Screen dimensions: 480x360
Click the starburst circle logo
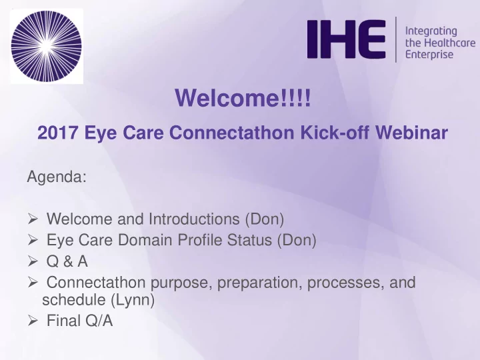pyautogui.click(x=47, y=46)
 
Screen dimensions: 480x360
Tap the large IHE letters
pyautogui.click(x=346, y=39)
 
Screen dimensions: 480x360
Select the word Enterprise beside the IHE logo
pyautogui.click(x=429, y=55)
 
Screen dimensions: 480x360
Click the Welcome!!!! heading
pyautogui.click(x=243, y=97)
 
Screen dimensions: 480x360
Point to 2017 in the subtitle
pyautogui.click(x=57, y=133)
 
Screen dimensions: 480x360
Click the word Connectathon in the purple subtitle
pyautogui.click(x=231, y=133)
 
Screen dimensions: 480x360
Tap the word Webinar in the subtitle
pyautogui.click(x=411, y=133)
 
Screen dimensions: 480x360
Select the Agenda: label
pyautogui.click(x=57, y=177)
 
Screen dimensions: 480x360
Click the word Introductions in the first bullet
pyautogui.click(x=194, y=219)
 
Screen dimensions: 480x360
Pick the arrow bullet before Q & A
pyautogui.click(x=33, y=261)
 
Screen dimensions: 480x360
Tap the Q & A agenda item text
pyautogui.click(x=67, y=261)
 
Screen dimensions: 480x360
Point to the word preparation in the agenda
pyautogui.click(x=257, y=283)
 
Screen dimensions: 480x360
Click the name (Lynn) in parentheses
pyautogui.click(x=132, y=300)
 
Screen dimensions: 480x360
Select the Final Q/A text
pyautogui.click(x=79, y=321)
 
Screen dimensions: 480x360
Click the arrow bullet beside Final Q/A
pyautogui.click(x=33, y=321)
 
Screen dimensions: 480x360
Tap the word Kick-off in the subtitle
pyautogui.click(x=335, y=133)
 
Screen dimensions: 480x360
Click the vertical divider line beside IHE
pyautogui.click(x=396, y=39)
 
